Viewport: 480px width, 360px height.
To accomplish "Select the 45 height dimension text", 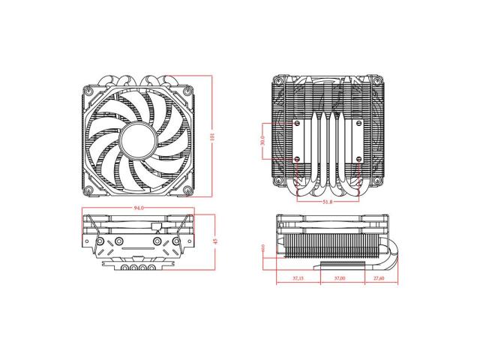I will pos(214,241).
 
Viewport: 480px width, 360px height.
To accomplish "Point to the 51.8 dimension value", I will pos(328,202).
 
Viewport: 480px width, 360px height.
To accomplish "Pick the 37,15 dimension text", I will pos(296,277).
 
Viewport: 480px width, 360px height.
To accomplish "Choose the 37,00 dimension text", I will pos(337,277).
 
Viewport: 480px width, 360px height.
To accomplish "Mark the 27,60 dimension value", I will pos(379,277).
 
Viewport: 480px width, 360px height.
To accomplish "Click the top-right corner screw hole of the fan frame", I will pos(187,88).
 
